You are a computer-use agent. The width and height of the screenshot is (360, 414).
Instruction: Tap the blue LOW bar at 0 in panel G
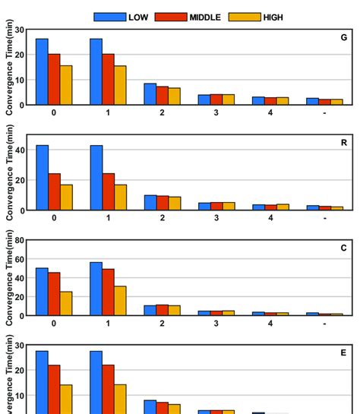(42, 71)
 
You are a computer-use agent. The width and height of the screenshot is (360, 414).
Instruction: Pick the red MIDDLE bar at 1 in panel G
(108, 79)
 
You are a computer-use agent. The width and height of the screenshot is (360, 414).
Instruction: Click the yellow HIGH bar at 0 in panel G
(67, 85)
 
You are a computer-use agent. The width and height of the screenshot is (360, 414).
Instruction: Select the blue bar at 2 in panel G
(150, 93)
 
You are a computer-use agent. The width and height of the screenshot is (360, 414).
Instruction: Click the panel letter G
(344, 37)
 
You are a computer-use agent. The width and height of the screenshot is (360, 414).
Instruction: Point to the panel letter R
(344, 142)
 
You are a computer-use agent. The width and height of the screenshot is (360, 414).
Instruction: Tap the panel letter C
(344, 248)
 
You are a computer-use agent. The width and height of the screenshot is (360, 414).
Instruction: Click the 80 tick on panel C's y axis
(19, 241)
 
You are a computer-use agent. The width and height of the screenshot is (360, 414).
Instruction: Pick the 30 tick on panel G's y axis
(19, 30)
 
